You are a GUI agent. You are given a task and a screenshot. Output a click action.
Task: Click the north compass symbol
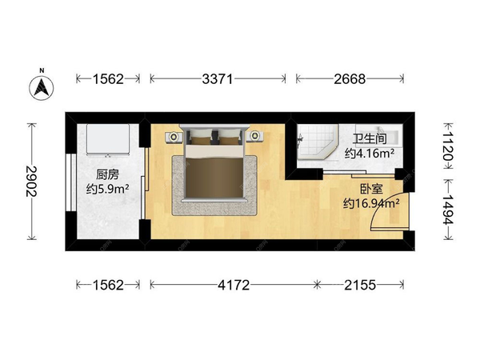[x=42, y=86]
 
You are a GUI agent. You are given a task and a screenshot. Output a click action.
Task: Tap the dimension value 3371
[x=218, y=79]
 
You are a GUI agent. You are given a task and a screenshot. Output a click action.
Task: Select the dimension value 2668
[x=350, y=79]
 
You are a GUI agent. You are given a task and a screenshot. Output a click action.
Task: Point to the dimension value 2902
[x=31, y=182]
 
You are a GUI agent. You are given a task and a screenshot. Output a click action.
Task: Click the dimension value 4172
[x=234, y=285]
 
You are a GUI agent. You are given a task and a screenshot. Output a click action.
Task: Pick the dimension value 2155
[x=360, y=285]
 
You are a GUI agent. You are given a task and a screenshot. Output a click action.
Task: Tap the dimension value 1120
[x=448, y=145]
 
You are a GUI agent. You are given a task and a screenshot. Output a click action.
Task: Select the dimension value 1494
[x=448, y=209]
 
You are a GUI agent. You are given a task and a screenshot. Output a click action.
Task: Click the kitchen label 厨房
[x=107, y=174]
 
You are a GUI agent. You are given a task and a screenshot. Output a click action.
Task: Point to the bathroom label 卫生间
[x=370, y=138]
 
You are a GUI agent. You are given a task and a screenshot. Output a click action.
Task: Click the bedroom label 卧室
[x=371, y=189]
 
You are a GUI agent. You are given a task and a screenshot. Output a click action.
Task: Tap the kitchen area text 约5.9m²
[x=107, y=189]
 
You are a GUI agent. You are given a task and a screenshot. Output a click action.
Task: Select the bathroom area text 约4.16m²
[x=370, y=153]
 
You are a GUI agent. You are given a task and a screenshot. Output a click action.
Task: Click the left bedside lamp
[x=174, y=136]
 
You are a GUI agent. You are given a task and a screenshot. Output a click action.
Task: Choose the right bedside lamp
[x=254, y=135]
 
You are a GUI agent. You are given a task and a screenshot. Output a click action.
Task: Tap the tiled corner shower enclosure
[x=317, y=142]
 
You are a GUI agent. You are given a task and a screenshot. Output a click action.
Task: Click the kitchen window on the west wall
[x=71, y=182]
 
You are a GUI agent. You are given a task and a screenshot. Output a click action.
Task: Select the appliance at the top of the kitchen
[x=107, y=139]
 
